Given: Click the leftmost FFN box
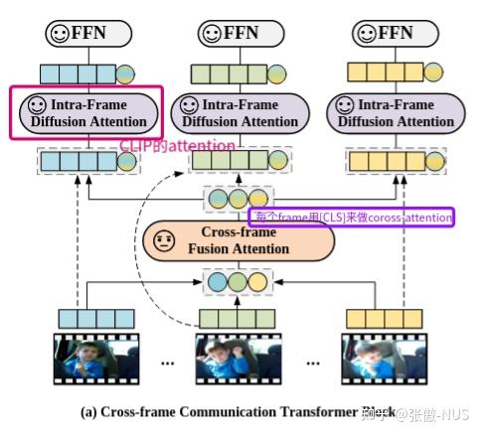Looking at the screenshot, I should (89, 33).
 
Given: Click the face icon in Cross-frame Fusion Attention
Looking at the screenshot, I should (166, 240).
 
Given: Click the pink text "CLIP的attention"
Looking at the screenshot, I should (178, 146).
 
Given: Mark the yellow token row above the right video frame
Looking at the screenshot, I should (383, 318).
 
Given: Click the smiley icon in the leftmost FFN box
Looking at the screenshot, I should (61, 33).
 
